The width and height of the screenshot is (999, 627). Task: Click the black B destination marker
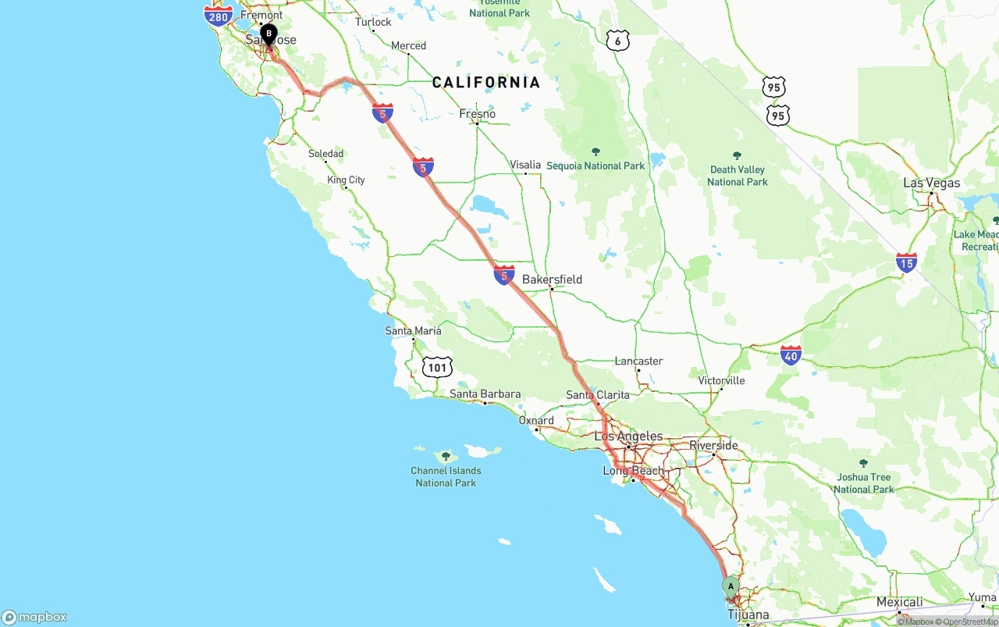pos(268,34)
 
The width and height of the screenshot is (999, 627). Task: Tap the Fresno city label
pos(477,114)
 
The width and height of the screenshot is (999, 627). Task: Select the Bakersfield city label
pos(552,280)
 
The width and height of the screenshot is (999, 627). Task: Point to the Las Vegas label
pos(931,183)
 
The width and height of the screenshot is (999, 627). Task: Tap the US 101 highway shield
pos(437,367)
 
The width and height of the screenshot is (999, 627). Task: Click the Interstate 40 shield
pos(791,355)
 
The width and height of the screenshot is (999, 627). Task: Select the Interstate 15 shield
pos(906,262)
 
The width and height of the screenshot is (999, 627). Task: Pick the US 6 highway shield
pos(617,41)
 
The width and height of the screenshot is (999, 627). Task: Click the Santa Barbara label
pos(485,394)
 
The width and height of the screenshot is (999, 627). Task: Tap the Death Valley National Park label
pos(737,176)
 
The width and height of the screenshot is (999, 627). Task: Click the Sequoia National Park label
pos(595,166)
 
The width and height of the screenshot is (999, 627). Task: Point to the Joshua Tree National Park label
pos(863,483)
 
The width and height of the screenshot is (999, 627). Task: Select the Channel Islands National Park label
pos(446,476)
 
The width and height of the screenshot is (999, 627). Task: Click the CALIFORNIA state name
pos(486,83)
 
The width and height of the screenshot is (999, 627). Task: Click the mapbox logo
pos(34,617)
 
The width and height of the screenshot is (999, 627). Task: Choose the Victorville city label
pos(722,381)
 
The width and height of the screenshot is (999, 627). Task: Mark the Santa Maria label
pos(413,331)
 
